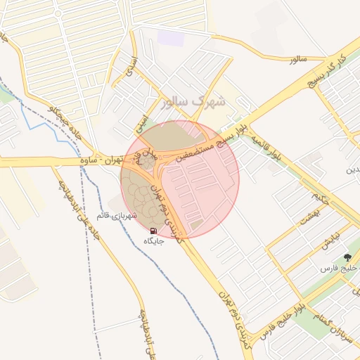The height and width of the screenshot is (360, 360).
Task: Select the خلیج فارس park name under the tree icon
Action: pyautogui.click(x=336, y=269)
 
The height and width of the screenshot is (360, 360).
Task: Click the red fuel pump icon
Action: pyautogui.click(x=153, y=230)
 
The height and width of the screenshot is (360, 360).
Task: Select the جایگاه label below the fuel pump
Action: pyautogui.click(x=153, y=241)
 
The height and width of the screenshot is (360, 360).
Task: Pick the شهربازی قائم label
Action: pyautogui.click(x=114, y=216)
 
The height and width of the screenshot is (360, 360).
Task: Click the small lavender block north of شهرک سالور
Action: pyautogui.click(x=169, y=37)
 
